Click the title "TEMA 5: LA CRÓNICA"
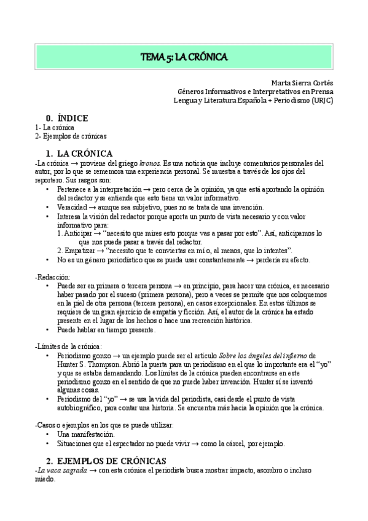(184, 57)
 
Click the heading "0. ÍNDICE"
(67, 118)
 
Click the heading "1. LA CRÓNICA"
(80, 153)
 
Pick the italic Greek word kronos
(150, 164)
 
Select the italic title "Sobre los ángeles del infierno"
(263, 356)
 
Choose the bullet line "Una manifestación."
(85, 434)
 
